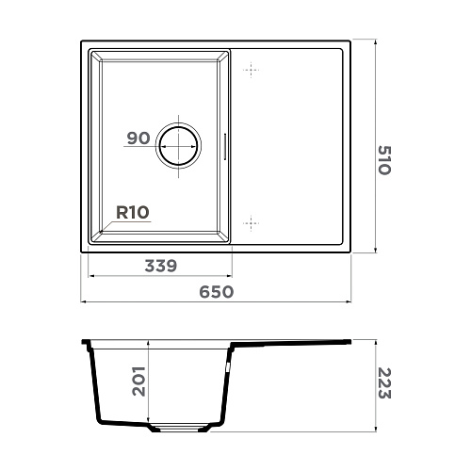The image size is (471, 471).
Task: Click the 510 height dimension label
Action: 384,160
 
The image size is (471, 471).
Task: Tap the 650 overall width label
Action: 217,292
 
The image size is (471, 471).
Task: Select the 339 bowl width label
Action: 161,266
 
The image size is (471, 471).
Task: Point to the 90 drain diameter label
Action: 138,138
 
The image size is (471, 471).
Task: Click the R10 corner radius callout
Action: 133,213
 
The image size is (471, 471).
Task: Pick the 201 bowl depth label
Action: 138,382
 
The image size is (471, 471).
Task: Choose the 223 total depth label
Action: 384,383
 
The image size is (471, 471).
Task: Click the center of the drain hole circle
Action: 178,146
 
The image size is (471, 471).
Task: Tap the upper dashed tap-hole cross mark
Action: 252,70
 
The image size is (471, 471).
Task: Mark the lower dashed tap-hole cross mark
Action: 252,223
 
